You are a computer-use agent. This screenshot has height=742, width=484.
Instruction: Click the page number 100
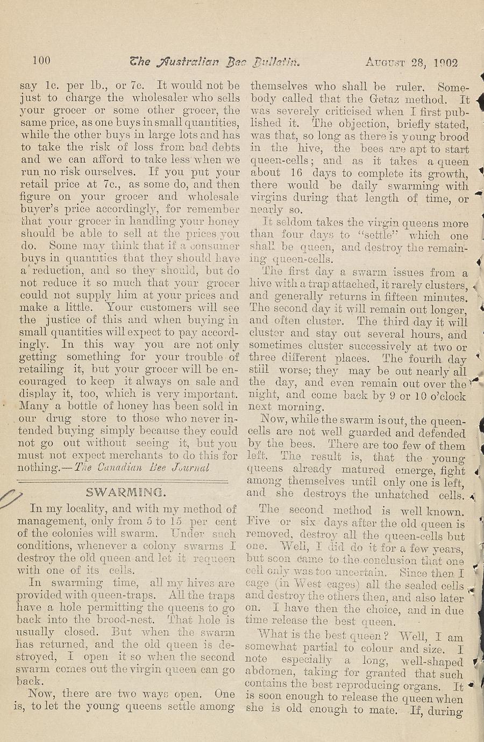[41, 60]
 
